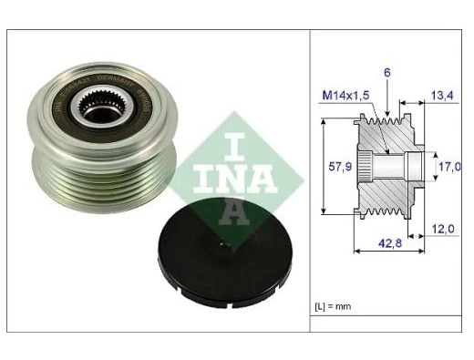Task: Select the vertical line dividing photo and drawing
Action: tap(311, 182)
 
